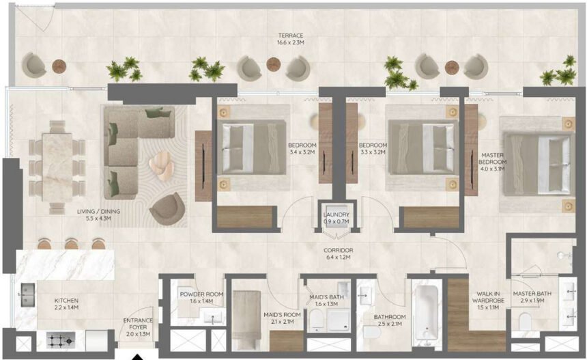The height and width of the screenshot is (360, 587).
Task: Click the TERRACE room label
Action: tap(291, 36)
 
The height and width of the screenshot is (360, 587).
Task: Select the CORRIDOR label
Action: tap(338, 250)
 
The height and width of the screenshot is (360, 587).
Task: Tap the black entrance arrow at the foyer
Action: tap(139, 356)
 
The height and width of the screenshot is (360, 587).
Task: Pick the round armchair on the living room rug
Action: tap(167, 207)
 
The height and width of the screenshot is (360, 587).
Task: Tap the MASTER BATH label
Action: tap(533, 294)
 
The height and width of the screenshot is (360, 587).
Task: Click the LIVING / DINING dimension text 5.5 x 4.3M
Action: tap(98, 220)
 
